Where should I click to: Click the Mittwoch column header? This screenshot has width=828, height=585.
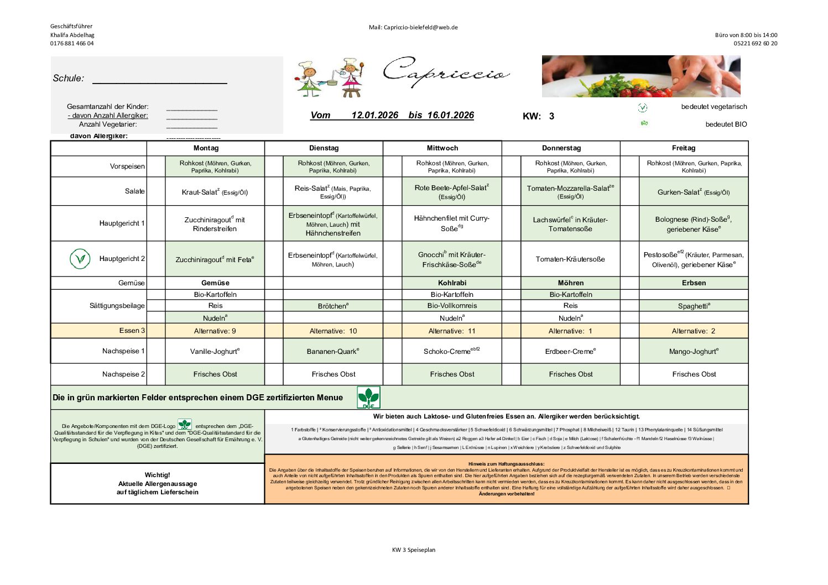442,148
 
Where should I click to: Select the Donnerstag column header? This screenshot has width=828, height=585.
561,148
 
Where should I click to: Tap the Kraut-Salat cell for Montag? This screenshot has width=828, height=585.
215,192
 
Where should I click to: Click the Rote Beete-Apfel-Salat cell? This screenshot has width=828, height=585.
452,192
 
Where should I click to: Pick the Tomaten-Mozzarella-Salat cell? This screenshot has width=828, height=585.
570,192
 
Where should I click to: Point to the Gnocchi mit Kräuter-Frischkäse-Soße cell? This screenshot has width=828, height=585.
452,259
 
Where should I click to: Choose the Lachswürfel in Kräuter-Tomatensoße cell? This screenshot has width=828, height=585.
570,224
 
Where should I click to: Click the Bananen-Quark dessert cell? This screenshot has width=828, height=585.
333,351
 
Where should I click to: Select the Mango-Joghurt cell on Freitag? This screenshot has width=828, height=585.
694,351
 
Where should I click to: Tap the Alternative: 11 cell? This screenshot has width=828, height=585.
452,331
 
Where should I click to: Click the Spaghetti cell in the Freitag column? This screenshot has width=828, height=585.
694,306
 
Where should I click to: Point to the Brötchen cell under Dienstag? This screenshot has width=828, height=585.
333,306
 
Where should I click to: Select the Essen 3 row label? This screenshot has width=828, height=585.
132,331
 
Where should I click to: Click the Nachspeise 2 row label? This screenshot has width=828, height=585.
123,374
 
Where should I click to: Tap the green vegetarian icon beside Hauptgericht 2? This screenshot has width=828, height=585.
80,259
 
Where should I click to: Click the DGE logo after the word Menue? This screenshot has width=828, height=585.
368,398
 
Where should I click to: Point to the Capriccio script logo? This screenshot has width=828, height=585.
445,72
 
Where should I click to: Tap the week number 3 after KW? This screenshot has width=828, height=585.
551,116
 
